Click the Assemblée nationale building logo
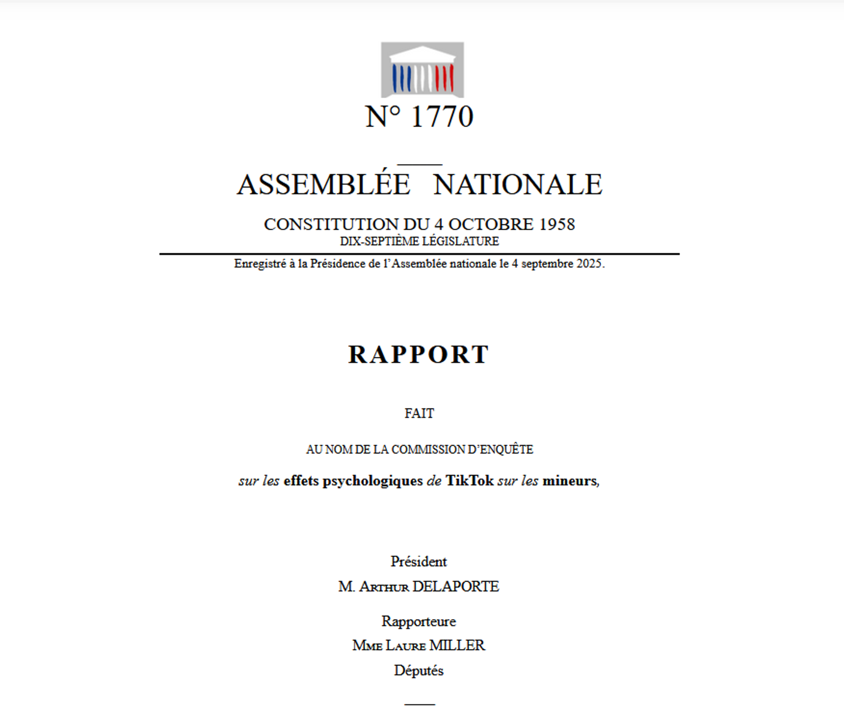click(x=422, y=70)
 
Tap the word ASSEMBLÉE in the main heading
click(x=323, y=184)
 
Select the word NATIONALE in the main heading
click(x=518, y=184)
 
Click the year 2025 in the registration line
click(x=590, y=264)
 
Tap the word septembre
click(x=546, y=264)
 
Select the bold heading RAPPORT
click(x=419, y=354)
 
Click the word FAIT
click(x=419, y=413)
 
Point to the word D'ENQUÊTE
click(x=500, y=450)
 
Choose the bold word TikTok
click(x=469, y=481)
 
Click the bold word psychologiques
click(x=373, y=481)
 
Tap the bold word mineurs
click(x=570, y=481)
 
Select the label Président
click(x=419, y=561)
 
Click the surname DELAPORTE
click(x=456, y=586)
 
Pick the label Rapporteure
click(x=419, y=621)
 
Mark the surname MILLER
click(x=457, y=645)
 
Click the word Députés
click(x=419, y=670)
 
